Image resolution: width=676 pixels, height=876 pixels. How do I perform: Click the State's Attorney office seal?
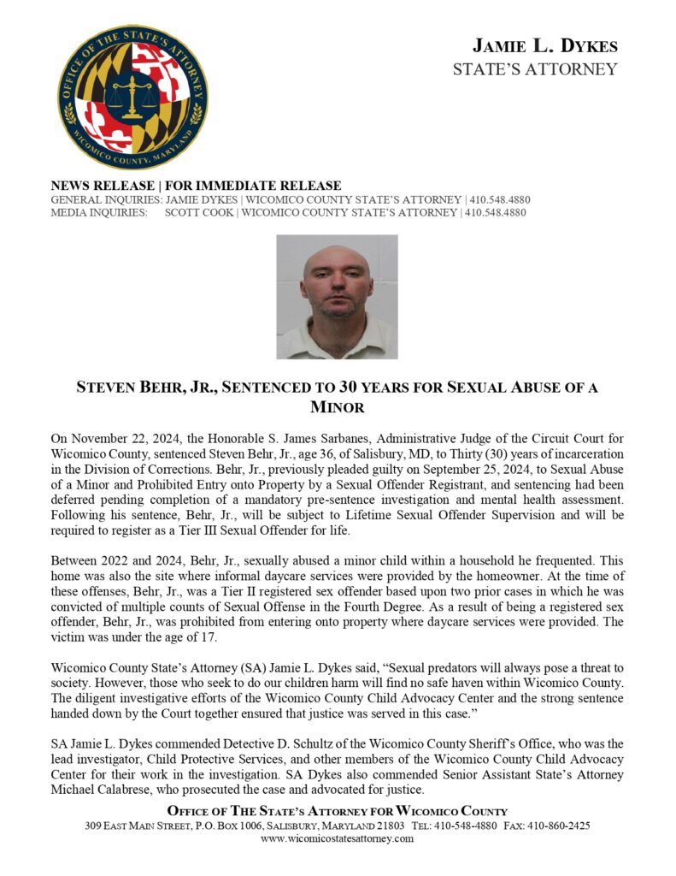pyautogui.click(x=132, y=97)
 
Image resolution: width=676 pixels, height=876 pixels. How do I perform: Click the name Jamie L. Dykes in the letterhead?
pyautogui.click(x=544, y=46)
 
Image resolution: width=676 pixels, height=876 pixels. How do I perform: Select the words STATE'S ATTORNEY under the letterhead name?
pyautogui.click(x=535, y=69)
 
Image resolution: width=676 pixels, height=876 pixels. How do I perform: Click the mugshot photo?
pyautogui.click(x=337, y=296)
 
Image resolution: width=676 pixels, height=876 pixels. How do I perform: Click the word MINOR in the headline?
pyautogui.click(x=338, y=407)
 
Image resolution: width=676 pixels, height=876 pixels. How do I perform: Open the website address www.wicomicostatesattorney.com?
pyautogui.click(x=337, y=839)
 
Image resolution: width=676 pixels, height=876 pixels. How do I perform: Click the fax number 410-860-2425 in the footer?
pyautogui.click(x=561, y=826)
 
